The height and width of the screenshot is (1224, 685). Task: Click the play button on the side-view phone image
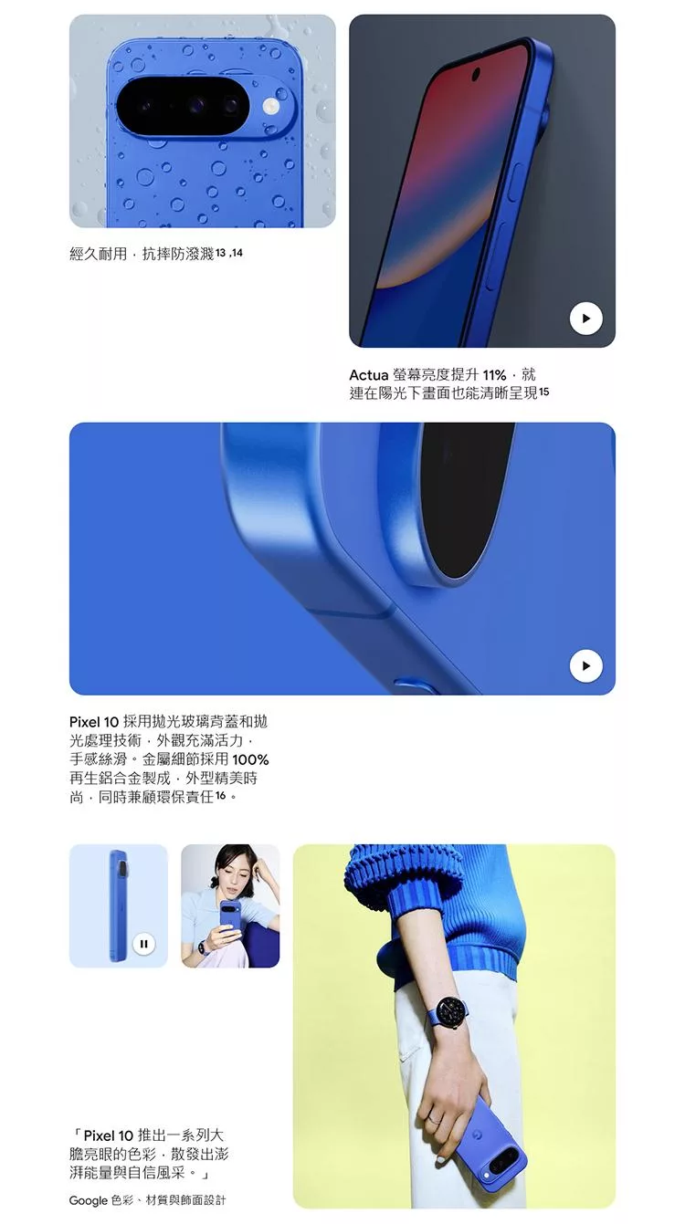585,318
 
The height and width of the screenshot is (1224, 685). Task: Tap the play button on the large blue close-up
585,665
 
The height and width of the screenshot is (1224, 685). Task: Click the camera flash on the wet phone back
270,106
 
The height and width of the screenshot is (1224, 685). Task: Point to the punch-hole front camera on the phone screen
475,73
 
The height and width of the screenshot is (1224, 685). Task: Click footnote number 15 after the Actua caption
544,392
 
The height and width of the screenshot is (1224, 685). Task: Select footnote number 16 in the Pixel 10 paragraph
220,795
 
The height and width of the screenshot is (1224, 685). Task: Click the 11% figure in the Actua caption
494,375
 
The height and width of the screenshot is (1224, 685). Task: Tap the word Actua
368,375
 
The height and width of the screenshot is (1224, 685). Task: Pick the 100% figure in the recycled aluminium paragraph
250,759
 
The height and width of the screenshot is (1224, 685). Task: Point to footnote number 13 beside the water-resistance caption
220,253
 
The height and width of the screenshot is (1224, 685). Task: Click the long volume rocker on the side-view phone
494,255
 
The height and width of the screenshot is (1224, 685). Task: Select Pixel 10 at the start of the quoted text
109,1135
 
